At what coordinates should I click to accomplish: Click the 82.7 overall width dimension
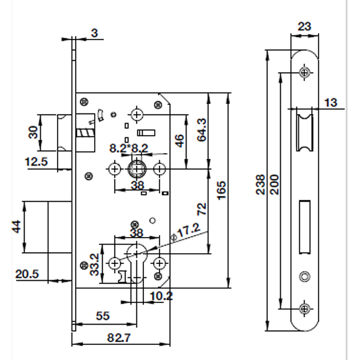[119, 338]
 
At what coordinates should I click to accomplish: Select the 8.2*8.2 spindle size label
[128, 147]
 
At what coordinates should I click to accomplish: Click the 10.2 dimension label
[161, 296]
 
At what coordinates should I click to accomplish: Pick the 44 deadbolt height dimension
[16, 227]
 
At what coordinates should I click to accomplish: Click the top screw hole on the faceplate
[305, 73]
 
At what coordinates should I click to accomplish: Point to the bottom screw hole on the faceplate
[305, 308]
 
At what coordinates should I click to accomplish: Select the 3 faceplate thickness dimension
[95, 33]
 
